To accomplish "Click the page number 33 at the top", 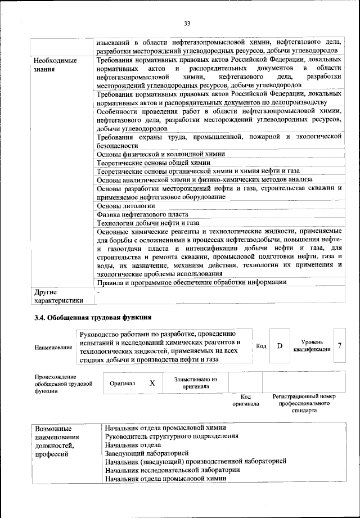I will click(187, 23).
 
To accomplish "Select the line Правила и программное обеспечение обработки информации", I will click(191, 282).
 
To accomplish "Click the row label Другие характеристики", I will click(58, 296).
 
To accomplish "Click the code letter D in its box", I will click(279, 345).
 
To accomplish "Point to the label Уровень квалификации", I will click(312, 345).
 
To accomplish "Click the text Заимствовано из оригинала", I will click(196, 383).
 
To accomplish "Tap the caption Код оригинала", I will click(245, 400).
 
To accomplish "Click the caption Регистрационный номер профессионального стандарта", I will click(304, 403).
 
